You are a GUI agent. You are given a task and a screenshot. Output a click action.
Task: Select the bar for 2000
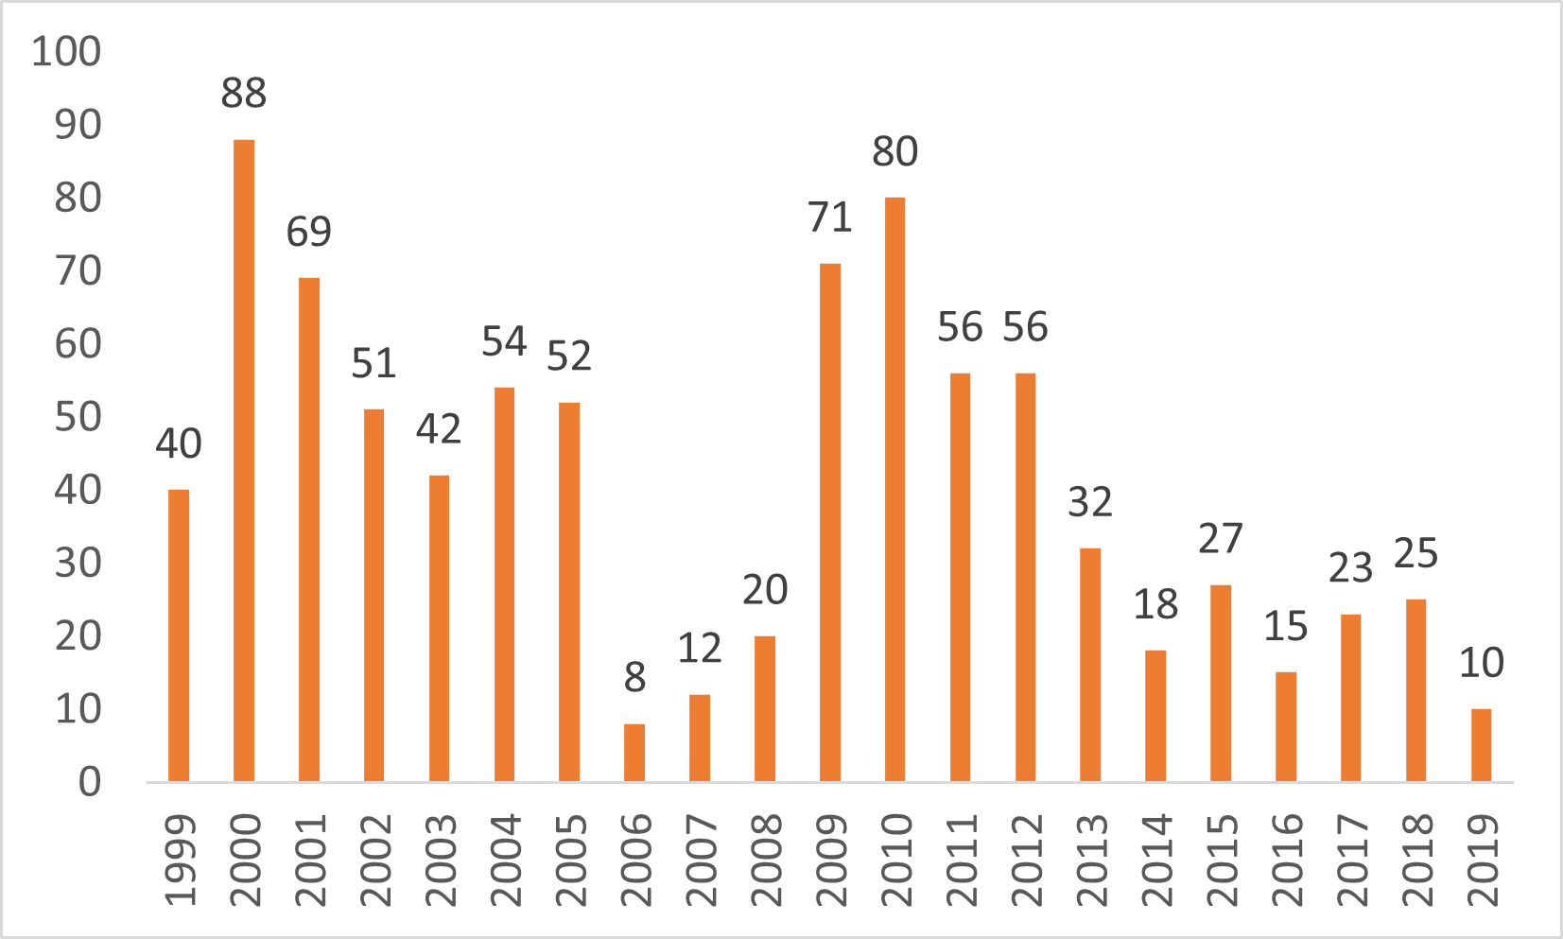(x=244, y=461)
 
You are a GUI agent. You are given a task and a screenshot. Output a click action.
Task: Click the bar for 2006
(x=634, y=753)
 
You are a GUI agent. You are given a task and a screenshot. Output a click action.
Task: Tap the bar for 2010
(x=894, y=489)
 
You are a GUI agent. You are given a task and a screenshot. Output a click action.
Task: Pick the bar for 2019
(x=1481, y=745)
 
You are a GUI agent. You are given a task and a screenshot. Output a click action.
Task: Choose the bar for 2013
(x=1090, y=665)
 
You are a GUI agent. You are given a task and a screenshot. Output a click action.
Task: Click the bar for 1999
(x=179, y=635)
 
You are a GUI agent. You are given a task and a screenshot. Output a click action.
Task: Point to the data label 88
(x=244, y=94)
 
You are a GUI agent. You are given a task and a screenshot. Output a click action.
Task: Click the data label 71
(x=830, y=217)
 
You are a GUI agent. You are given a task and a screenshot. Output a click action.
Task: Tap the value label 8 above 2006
(x=634, y=677)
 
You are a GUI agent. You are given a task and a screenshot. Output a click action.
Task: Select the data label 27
(x=1221, y=539)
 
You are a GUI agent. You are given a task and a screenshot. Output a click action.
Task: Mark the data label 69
(x=309, y=232)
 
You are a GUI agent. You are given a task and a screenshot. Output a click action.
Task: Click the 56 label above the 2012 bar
(x=1025, y=327)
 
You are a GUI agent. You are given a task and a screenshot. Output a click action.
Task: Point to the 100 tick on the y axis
(x=66, y=51)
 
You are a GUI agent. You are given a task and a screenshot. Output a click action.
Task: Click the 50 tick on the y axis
(x=78, y=417)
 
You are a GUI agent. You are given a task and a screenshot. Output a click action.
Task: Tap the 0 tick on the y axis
(x=89, y=782)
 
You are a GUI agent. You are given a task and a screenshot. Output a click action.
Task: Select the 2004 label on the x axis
(x=505, y=861)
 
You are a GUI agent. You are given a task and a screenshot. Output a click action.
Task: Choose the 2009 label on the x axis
(x=830, y=861)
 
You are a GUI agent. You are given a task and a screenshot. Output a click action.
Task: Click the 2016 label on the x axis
(x=1286, y=861)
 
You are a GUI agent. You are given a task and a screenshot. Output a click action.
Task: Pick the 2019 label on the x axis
(x=1481, y=861)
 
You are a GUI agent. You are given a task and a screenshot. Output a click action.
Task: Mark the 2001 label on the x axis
(x=309, y=861)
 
